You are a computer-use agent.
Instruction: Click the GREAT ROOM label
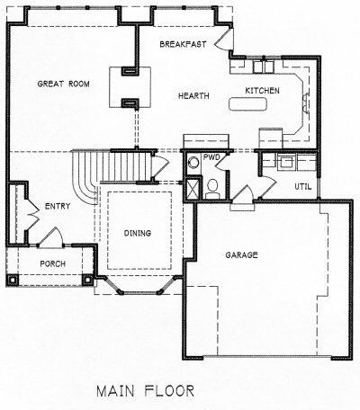[63, 84]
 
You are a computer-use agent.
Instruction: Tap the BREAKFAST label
[183, 44]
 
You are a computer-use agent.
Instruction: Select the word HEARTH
[193, 96]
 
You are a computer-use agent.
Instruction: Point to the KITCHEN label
[262, 91]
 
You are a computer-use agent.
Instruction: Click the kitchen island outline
[247, 104]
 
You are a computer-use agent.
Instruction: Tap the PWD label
[211, 157]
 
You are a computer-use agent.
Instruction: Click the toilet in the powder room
[212, 189]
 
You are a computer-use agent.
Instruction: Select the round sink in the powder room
[193, 164]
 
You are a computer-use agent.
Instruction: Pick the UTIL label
[303, 187]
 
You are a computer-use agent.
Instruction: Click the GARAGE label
[241, 255]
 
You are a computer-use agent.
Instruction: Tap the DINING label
[138, 233]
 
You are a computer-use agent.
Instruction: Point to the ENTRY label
[58, 206]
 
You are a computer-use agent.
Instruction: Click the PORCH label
[53, 263]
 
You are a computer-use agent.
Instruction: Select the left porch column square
[13, 281]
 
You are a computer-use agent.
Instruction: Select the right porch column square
[87, 280]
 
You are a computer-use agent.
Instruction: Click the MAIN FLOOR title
[146, 391]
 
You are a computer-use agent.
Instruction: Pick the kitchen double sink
[263, 67]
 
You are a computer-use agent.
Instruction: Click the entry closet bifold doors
[32, 214]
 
